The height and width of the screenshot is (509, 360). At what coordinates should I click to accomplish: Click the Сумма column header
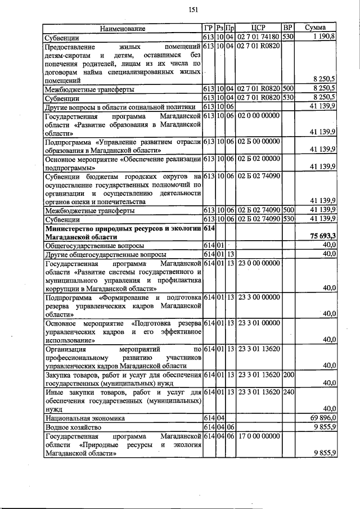[317, 28]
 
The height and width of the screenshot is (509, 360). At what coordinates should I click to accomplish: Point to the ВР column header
[288, 28]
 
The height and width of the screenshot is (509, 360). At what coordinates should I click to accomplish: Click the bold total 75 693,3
[321, 237]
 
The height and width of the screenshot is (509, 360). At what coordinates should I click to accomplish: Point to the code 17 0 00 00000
[259, 435]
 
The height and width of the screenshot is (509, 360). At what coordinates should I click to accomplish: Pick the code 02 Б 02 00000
[259, 159]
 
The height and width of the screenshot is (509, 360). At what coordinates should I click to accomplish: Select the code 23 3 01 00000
[259, 323]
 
